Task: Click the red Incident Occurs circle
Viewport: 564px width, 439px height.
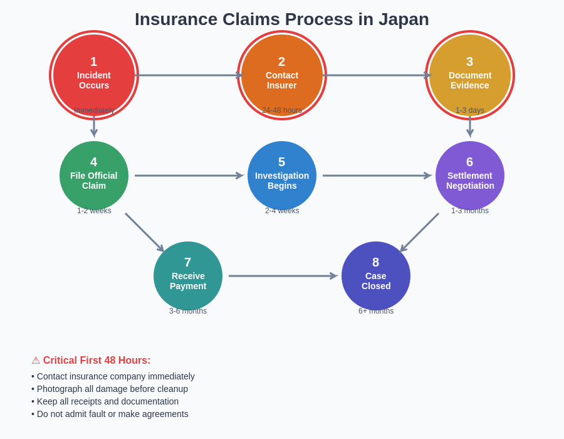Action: [94, 75]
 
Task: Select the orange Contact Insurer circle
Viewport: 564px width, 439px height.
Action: [282, 75]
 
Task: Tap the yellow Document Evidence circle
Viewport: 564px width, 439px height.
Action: [470, 75]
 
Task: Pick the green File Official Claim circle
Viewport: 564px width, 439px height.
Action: [94, 176]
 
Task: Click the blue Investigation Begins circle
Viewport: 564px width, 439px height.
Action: [282, 176]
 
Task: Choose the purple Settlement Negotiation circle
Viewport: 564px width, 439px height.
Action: [470, 176]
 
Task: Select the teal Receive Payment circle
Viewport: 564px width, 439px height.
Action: [188, 276]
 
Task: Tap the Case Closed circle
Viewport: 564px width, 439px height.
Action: [376, 276]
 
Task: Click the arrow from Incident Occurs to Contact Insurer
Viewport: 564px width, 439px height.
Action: [188, 75]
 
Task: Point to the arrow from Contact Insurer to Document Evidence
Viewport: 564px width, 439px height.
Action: [376, 75]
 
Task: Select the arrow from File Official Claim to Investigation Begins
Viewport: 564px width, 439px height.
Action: [188, 176]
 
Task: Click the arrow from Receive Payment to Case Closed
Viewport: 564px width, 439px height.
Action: [282, 276]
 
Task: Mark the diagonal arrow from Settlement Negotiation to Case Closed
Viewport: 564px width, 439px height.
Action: [420, 232]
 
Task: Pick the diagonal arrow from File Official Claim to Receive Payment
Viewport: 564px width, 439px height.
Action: [144, 232]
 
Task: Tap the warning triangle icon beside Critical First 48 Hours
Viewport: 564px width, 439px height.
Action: [36, 361]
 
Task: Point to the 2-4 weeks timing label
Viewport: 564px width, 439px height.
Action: [282, 211]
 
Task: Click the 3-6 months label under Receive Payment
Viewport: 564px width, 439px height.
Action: [188, 311]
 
